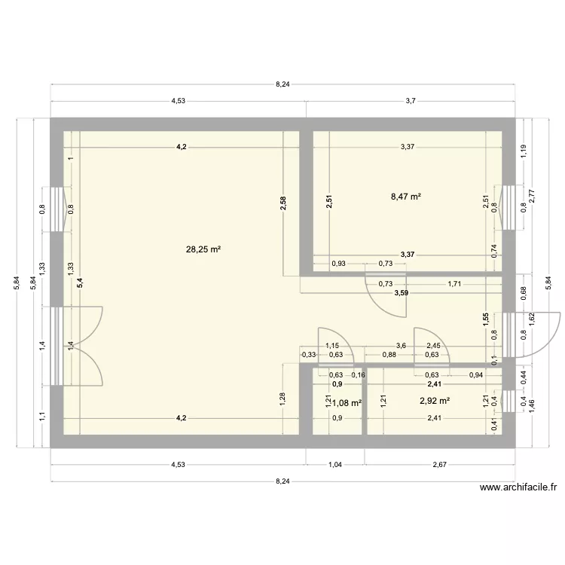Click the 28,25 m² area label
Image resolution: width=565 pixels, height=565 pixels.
click(203, 249)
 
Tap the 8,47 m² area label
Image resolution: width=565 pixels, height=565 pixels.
click(405, 197)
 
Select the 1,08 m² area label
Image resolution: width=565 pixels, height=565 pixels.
click(347, 402)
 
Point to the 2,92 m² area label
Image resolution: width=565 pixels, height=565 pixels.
click(435, 401)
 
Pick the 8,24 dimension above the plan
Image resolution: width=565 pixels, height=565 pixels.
click(282, 84)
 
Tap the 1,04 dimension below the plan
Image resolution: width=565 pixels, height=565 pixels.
click(335, 465)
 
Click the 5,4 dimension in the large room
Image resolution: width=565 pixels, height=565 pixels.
click(80, 283)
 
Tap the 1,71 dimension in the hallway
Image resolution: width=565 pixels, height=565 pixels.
click(454, 284)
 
